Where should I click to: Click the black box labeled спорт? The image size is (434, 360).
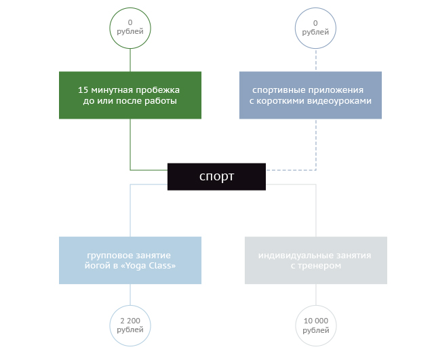pyautogui.click(x=216, y=176)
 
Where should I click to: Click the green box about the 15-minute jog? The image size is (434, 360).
pyautogui.click(x=130, y=95)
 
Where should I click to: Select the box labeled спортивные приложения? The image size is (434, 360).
pyautogui.click(x=311, y=95)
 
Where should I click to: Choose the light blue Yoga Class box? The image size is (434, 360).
pyautogui.click(x=130, y=260)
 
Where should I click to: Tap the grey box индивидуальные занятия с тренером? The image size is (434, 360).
pyautogui.click(x=316, y=260)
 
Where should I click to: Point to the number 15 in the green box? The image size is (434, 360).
pyautogui.click(x=83, y=89)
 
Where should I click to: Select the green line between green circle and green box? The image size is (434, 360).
pyautogui.click(x=130, y=59)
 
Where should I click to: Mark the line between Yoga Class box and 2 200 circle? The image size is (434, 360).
pyautogui.click(x=130, y=294)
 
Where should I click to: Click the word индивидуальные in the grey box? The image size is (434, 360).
pyautogui.click(x=290, y=255)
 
